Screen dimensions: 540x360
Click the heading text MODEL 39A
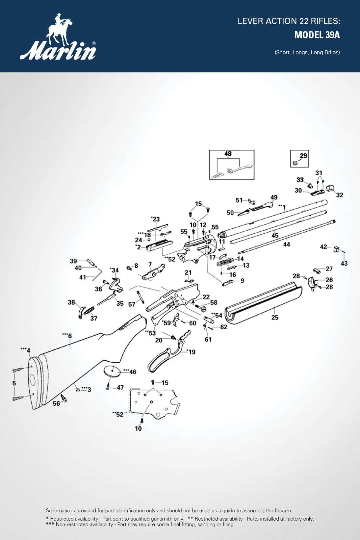[x=317, y=35]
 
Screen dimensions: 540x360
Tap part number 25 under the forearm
[x=275, y=317]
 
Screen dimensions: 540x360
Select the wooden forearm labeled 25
[x=263, y=304]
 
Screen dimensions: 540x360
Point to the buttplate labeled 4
[x=37, y=382]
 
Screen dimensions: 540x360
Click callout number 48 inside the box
[x=228, y=154]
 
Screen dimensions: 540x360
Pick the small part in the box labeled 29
[x=295, y=163]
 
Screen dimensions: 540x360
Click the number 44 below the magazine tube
[x=287, y=244]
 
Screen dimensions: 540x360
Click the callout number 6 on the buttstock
[x=70, y=336]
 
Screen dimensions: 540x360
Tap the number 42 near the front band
[x=323, y=247]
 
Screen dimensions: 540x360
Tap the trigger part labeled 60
[x=177, y=320]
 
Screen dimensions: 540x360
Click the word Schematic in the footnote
[x=58, y=511]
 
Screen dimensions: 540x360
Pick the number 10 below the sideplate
[x=138, y=428]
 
